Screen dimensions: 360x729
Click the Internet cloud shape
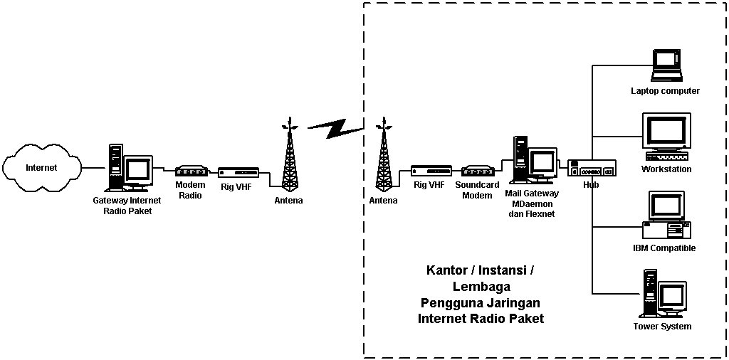coord(41,168)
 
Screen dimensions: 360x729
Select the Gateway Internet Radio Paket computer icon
coord(130,169)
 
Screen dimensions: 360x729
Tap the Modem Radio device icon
coord(191,171)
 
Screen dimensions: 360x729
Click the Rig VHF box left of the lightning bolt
coord(238,173)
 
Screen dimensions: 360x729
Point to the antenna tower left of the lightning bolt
coord(288,157)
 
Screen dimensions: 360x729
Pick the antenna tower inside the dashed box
coord(384,157)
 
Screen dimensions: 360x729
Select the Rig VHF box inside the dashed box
coord(431,171)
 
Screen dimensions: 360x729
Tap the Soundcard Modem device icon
coord(478,171)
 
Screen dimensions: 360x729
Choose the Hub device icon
coord(591,169)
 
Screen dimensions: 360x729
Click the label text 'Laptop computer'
coord(666,91)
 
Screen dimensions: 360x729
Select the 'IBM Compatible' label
coord(664,248)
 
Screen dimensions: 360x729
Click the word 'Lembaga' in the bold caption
coord(481,287)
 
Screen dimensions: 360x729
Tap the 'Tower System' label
coord(662,327)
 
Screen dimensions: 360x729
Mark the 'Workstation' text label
coord(666,169)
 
